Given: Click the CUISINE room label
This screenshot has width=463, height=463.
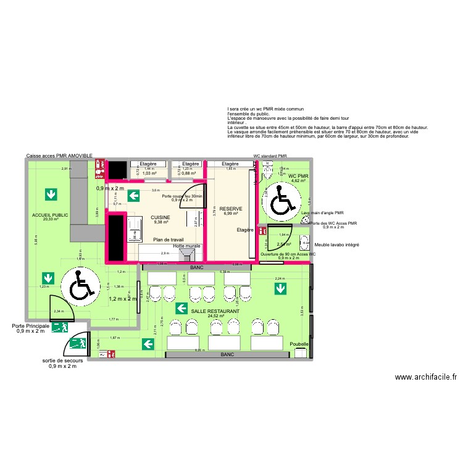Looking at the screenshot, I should [161, 217].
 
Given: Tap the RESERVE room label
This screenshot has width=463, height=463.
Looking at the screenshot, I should [231, 209].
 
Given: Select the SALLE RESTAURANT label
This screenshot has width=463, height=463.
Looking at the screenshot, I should [215, 311].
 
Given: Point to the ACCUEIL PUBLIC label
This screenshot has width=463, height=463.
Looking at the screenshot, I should [51, 215].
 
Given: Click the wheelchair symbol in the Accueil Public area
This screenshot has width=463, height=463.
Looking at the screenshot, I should [81, 285].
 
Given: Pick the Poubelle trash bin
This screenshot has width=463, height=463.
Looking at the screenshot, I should [300, 352].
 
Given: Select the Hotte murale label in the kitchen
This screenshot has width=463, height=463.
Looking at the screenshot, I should [187, 246].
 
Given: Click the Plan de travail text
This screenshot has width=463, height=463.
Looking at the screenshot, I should [169, 239].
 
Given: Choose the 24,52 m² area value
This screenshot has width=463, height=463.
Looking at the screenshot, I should [215, 316].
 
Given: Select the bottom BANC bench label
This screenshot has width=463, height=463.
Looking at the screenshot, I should [227, 355].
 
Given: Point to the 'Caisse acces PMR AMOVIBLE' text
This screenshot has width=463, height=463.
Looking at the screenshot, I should [59, 157].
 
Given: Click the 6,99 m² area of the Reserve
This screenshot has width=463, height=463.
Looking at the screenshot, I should [231, 214].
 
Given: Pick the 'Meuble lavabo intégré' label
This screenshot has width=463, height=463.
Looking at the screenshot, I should [337, 244].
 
